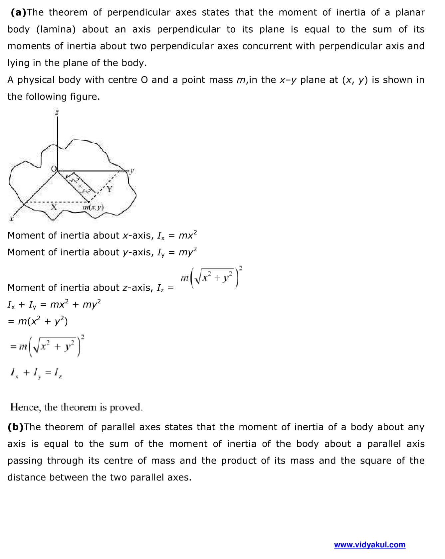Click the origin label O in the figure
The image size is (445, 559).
(x=54, y=169)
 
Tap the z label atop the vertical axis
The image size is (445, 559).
(x=57, y=113)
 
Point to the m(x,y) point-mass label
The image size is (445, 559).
(x=93, y=208)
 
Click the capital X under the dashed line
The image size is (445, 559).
(x=54, y=207)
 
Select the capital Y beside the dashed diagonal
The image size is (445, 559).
(x=110, y=190)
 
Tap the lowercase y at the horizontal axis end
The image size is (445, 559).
(x=132, y=171)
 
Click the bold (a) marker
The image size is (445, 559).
(x=18, y=13)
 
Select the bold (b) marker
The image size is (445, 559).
(x=15, y=427)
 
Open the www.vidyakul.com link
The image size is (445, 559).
(x=369, y=545)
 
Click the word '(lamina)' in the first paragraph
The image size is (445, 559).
(x=56, y=29)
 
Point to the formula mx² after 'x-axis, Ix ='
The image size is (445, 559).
(x=188, y=235)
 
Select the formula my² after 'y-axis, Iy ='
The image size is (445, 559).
(x=188, y=252)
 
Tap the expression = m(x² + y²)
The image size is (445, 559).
(x=38, y=321)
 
